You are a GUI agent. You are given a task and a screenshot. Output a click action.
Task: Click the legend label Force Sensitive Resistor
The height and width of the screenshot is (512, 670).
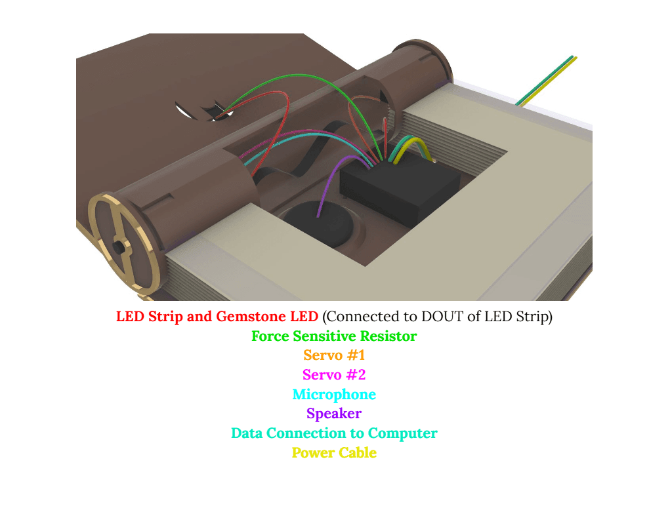point(334,336)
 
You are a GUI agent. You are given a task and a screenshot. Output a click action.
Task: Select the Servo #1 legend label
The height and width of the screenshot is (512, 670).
point(334,356)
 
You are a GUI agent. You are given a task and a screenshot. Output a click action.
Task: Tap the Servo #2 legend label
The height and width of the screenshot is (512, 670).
point(334,375)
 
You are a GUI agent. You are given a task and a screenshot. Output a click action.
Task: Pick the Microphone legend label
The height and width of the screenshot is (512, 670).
point(334,395)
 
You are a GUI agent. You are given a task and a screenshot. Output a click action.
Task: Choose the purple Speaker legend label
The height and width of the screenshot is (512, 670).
point(334,414)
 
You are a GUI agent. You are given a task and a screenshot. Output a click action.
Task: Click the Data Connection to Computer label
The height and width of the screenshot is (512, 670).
point(334,433)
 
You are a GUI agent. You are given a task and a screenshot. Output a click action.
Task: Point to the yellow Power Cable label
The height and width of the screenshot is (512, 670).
point(334,452)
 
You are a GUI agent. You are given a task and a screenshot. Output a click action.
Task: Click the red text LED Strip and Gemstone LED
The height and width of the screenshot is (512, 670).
point(217,317)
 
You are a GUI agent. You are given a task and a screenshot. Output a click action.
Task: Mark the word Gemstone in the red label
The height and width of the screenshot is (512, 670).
point(251,317)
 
